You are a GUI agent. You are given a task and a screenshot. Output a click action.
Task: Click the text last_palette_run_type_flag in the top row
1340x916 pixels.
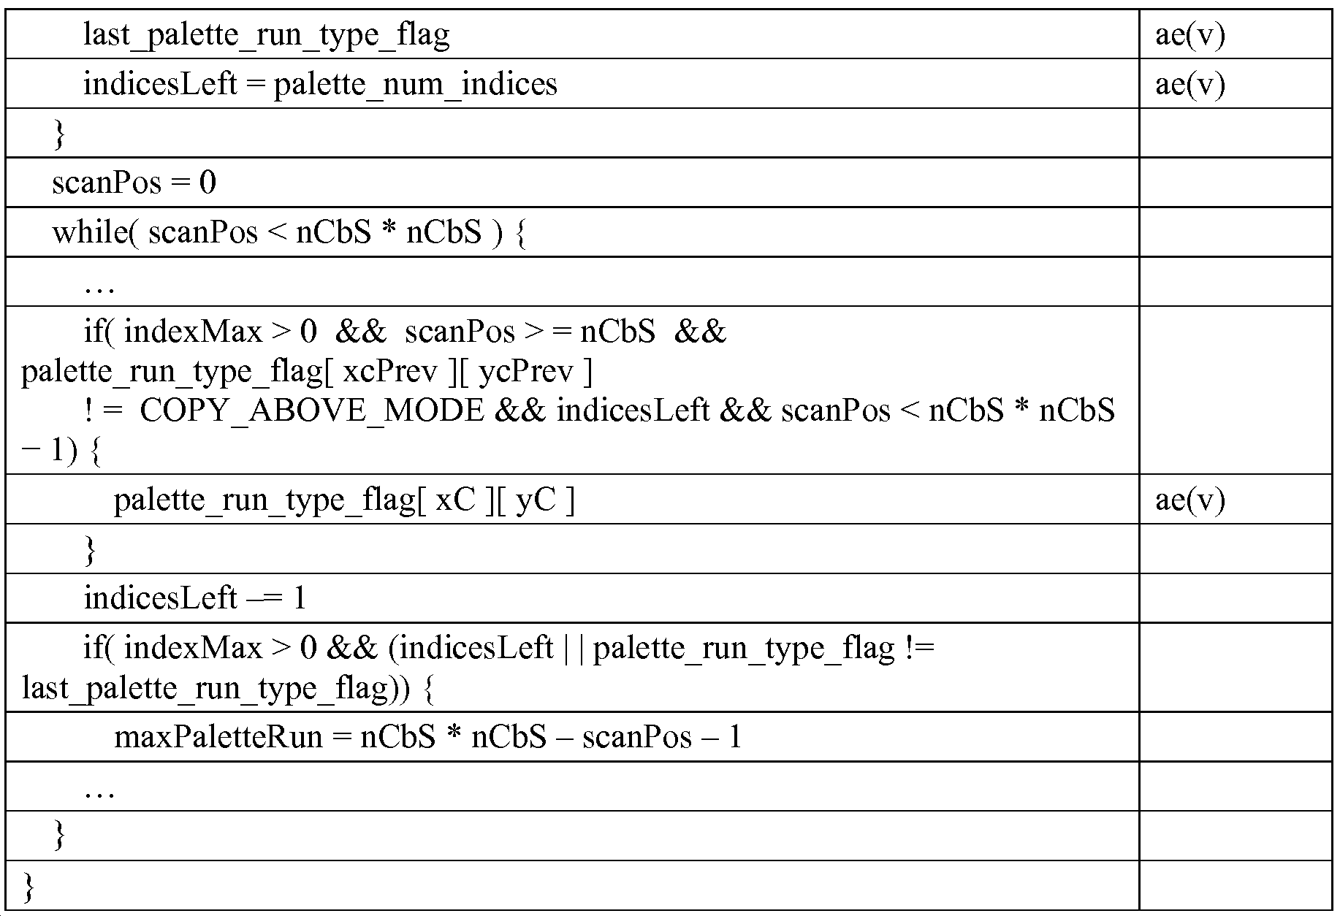[x=266, y=34]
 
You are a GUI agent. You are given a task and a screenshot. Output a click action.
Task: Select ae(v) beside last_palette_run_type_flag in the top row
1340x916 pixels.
[x=1189, y=34]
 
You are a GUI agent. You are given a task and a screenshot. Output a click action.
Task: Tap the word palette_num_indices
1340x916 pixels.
[x=415, y=84]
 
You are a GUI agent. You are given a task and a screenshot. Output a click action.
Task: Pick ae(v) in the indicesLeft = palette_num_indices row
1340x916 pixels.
[x=1189, y=84]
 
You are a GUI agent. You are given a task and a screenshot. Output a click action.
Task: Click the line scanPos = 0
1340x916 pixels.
[x=134, y=183]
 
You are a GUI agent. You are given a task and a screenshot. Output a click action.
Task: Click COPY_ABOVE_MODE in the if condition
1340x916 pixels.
[x=311, y=411]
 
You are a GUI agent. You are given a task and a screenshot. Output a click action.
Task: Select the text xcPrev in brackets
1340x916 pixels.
[x=389, y=371]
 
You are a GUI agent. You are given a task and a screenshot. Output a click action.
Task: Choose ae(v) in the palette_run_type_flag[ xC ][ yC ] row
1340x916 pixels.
[x=1189, y=500]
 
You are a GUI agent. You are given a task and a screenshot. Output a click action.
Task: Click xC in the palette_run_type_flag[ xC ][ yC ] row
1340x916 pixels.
[x=455, y=500]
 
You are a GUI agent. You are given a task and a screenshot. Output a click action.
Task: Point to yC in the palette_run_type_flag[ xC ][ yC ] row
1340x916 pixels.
[x=535, y=500]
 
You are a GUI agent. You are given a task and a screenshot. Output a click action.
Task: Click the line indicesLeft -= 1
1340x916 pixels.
[x=195, y=598]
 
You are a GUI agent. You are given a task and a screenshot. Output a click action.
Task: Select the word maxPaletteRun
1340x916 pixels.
[x=218, y=736]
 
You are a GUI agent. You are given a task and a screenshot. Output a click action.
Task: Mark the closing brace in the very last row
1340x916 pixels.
[x=28, y=886]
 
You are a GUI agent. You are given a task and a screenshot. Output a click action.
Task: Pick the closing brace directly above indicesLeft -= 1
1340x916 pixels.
[x=90, y=549]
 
